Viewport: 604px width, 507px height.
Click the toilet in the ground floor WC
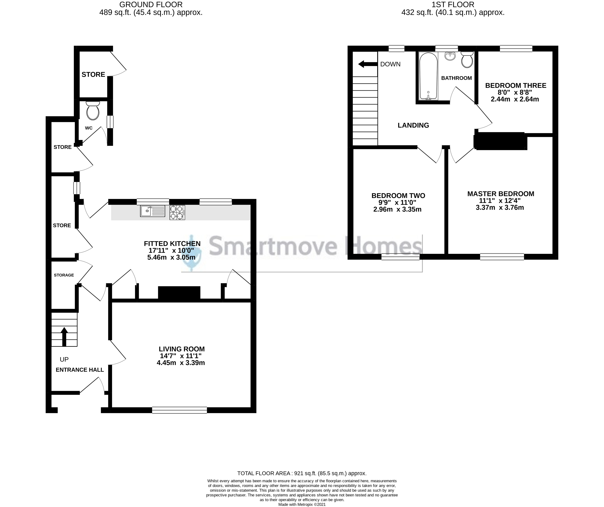tap(93, 111)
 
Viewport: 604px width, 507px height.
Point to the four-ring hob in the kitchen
tap(177, 212)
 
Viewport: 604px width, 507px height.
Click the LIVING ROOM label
tap(182, 349)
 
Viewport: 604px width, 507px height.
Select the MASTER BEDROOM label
tap(500, 194)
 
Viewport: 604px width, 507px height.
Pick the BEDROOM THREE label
tap(515, 85)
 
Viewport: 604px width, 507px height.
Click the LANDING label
tap(413, 125)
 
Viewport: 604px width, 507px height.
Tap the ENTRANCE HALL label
tap(80, 370)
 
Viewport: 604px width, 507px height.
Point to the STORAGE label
tap(64, 275)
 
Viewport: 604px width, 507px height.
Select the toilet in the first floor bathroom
tap(467, 60)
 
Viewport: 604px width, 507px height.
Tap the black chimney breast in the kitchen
tap(179, 294)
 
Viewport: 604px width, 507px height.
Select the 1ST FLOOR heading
tap(453, 5)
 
